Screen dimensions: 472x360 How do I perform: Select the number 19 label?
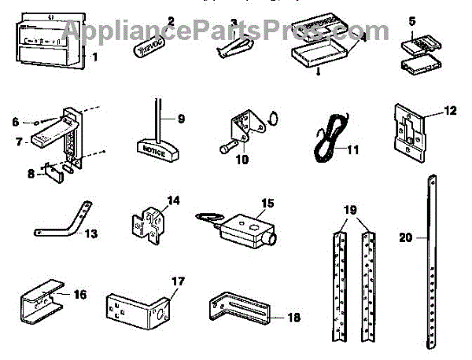(352, 211)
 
